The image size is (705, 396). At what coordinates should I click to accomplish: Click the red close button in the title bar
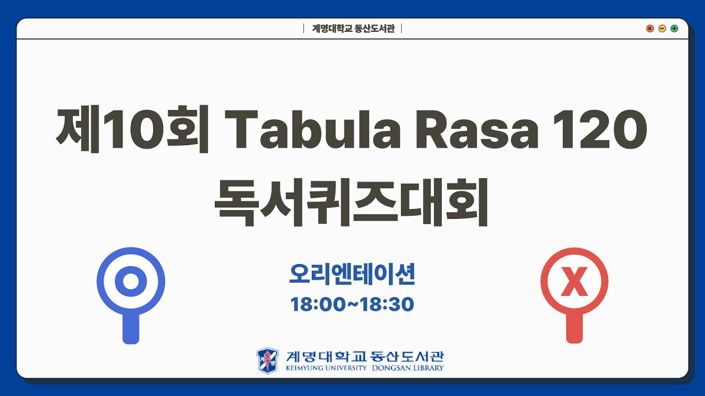pos(650,29)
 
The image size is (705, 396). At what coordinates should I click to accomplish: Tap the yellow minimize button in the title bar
pos(662,29)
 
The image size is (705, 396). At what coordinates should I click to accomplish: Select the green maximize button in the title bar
pos(674,29)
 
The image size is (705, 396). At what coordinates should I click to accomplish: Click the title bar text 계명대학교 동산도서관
pos(353,29)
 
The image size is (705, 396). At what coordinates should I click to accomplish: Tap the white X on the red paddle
pos(574,284)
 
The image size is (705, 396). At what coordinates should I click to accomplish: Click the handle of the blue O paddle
pos(131,328)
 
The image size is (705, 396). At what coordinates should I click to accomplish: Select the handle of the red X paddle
pos(574,328)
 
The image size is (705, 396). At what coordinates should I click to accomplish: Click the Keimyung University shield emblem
pos(268,360)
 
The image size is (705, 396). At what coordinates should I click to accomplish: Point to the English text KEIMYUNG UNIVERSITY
pos(326,368)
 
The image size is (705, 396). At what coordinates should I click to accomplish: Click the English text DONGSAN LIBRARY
pos(408,368)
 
